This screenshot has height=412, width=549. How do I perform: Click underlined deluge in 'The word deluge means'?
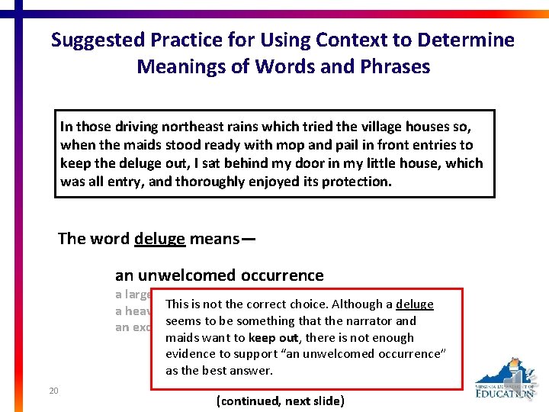coord(159,239)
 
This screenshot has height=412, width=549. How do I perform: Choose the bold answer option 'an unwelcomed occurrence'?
coord(220,275)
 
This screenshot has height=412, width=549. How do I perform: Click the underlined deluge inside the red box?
coord(415,304)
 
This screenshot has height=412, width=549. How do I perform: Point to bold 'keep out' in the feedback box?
coord(272,338)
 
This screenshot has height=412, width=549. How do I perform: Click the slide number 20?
coord(53,391)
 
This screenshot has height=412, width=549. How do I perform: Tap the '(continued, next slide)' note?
coord(281,401)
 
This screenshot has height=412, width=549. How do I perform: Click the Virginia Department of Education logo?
coord(505,378)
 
